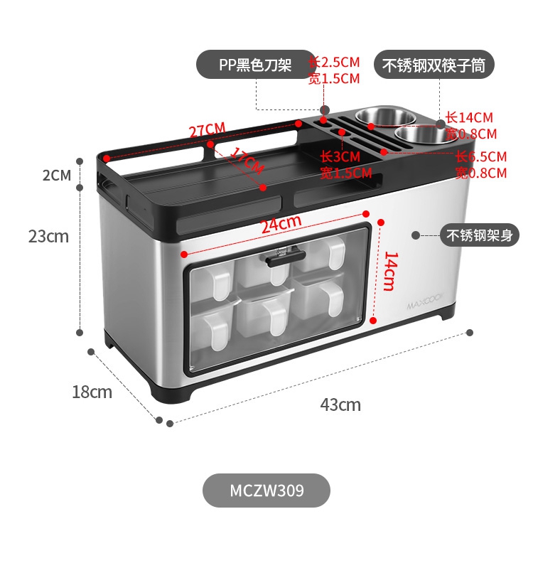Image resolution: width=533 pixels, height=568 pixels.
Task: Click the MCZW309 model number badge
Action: [266, 491]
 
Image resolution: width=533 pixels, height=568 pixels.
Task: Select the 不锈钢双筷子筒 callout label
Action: [434, 65]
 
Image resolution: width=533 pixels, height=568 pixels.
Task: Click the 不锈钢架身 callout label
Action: [479, 235]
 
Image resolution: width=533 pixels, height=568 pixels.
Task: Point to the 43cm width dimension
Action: [340, 405]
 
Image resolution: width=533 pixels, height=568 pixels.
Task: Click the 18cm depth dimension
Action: [92, 391]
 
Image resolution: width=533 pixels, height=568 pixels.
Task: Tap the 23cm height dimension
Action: [48, 236]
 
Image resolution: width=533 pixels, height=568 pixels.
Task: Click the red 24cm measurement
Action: [280, 225]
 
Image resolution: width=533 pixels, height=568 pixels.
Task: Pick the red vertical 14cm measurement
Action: [389, 271]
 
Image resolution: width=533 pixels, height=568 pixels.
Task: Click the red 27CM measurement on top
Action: [207, 130]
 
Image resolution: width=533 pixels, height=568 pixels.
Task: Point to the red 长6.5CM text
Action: [481, 156]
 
